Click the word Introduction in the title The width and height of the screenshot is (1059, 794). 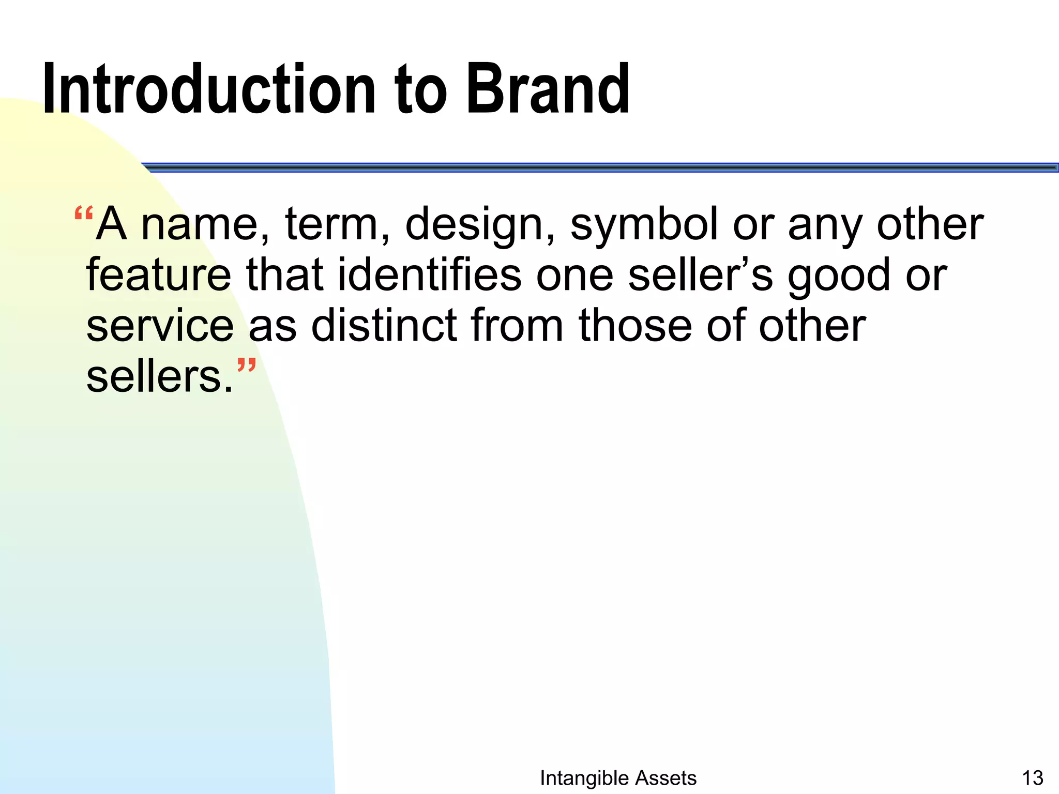tap(208, 89)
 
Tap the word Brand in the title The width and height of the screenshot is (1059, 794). tap(548, 89)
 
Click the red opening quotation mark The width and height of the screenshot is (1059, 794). tap(83, 213)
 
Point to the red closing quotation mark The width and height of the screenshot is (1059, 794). tap(247, 367)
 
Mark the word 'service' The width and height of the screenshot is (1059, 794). tap(160, 326)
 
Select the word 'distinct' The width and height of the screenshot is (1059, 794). tap(384, 325)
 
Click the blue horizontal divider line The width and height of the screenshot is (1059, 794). tap(600, 167)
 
